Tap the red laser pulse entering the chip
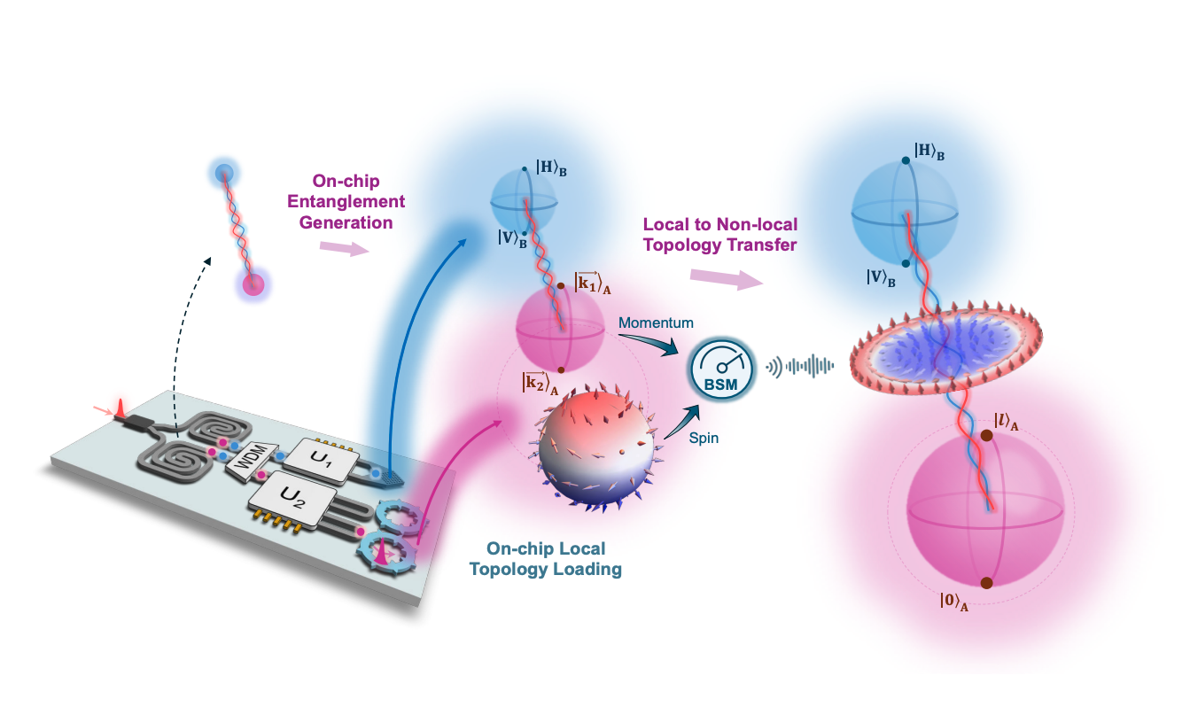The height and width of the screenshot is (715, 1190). tap(123, 410)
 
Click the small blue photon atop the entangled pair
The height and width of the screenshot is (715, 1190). tap(225, 172)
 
